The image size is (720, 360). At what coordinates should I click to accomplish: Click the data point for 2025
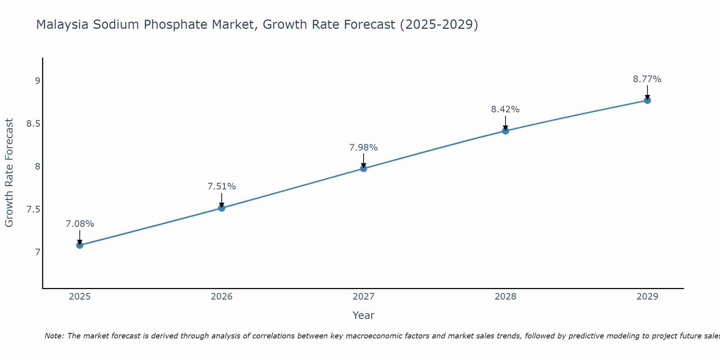point(80,245)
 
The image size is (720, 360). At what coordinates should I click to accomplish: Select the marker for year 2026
point(221,208)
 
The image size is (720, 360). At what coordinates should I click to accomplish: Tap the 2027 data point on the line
point(364,168)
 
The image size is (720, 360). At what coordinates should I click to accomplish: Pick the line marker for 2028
point(505,131)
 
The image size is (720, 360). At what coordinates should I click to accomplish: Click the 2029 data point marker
point(647,100)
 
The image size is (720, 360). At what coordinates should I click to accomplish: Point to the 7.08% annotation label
point(80,224)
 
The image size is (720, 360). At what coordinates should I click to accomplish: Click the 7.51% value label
point(221,186)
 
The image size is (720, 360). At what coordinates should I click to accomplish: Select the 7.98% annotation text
point(364,148)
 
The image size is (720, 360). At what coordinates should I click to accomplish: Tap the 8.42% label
point(505,109)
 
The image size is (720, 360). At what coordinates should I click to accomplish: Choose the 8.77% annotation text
point(647,79)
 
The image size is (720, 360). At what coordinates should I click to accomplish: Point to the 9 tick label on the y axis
point(37,81)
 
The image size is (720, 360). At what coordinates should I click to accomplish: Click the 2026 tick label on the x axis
point(221,297)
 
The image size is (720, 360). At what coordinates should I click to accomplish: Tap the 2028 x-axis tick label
point(505,297)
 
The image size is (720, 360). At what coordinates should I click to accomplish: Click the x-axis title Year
point(364,315)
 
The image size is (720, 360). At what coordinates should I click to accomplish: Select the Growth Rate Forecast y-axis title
point(9,173)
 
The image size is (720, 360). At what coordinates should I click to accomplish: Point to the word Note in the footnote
point(54,336)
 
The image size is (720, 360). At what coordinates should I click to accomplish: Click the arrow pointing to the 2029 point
point(647,92)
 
